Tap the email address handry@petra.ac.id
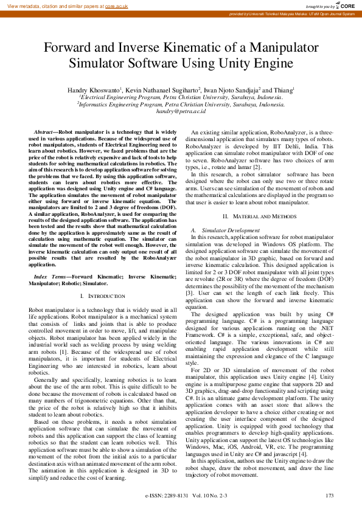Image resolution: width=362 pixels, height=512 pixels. (x=181, y=111)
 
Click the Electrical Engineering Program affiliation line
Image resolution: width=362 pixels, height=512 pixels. (x=181, y=97)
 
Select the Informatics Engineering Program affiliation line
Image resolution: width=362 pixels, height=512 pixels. (x=181, y=104)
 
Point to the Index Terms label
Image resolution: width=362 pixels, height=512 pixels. (x=51, y=277)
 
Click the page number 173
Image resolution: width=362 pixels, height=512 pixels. (x=330, y=497)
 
